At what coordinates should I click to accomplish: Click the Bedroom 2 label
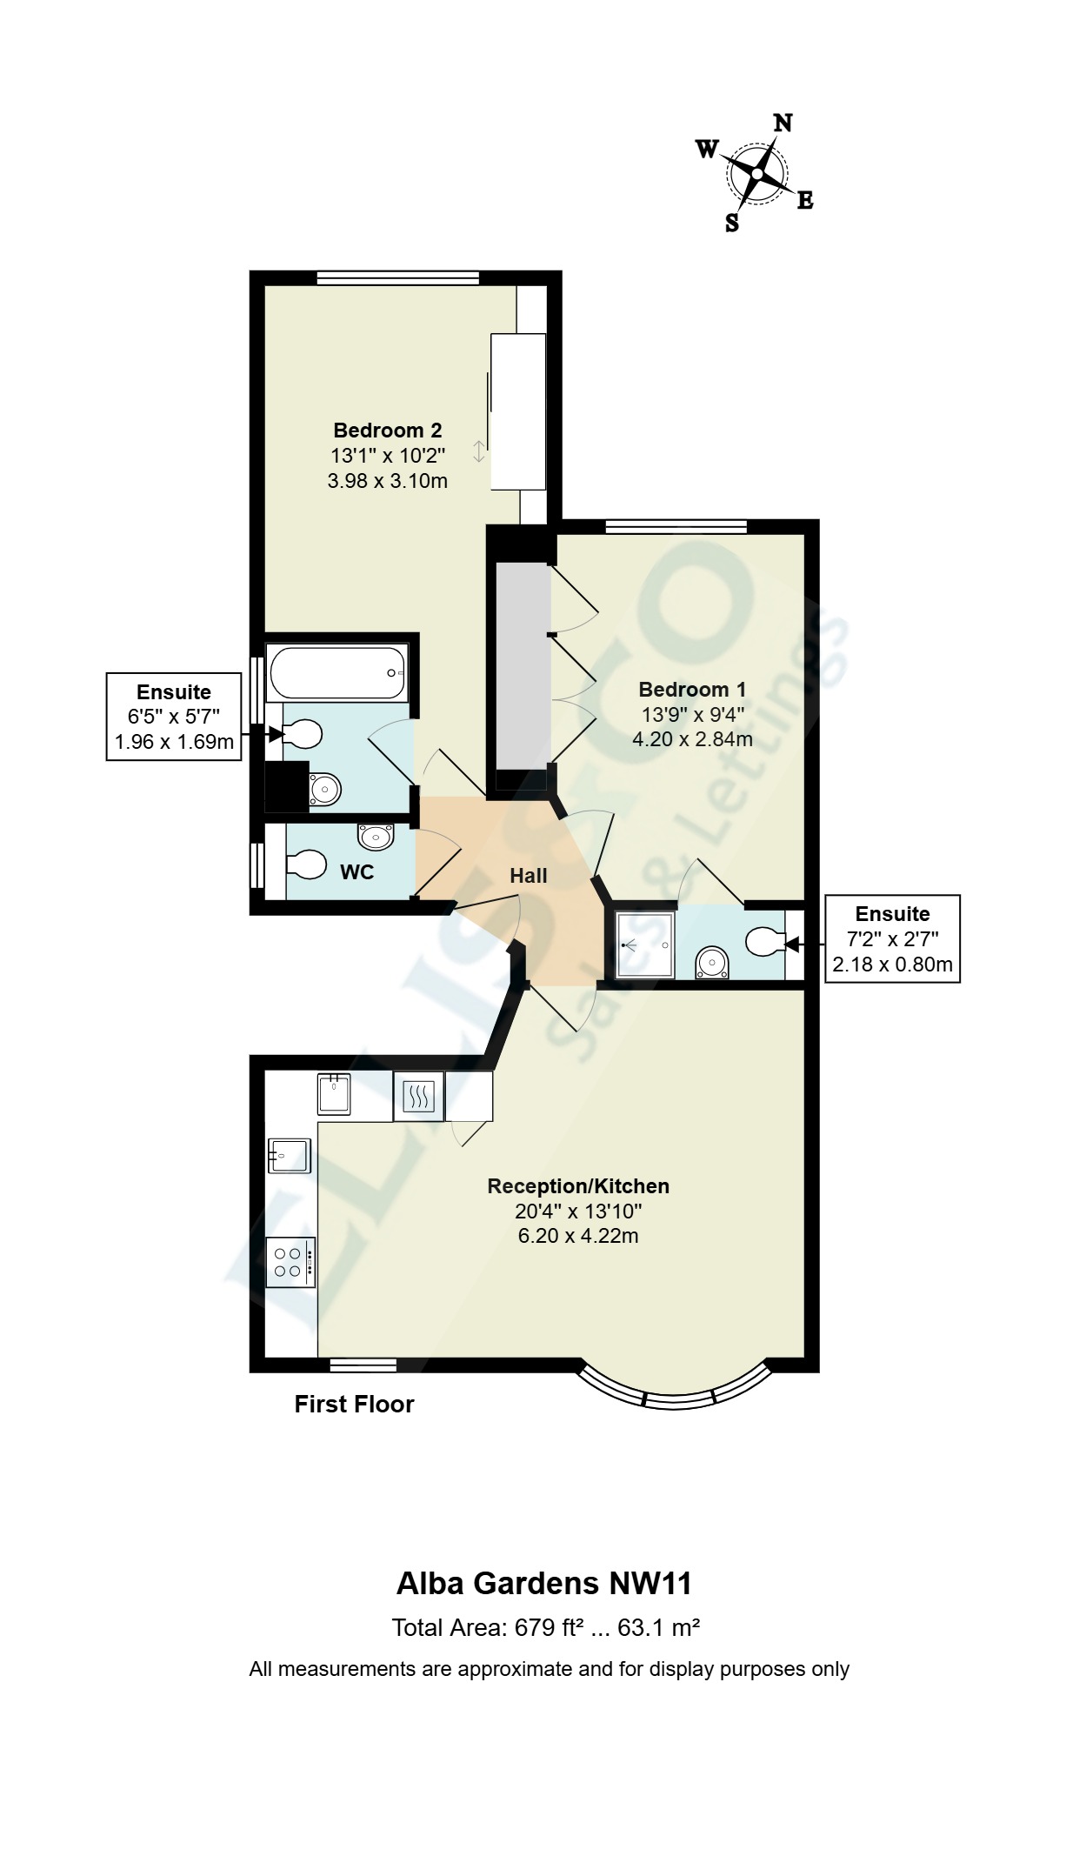click(387, 430)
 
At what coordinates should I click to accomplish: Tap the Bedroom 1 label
click(692, 690)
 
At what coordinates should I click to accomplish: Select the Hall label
click(528, 876)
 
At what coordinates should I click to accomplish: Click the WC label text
click(356, 872)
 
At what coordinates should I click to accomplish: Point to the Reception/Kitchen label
click(578, 1186)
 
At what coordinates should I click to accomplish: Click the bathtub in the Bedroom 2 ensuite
click(336, 672)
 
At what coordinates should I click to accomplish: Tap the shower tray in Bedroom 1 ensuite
click(644, 945)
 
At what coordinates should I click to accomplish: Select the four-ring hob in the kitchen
click(290, 1262)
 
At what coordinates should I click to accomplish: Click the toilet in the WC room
click(304, 866)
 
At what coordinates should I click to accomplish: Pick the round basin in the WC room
click(376, 838)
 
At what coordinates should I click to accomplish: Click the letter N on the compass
click(783, 123)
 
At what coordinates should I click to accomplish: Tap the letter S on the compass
click(732, 224)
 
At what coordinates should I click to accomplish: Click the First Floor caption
click(354, 1405)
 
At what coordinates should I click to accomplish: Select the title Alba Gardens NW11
click(544, 1584)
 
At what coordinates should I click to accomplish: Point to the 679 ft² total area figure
click(548, 1628)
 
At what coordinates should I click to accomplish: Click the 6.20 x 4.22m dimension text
click(578, 1236)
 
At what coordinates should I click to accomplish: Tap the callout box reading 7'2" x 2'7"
click(892, 938)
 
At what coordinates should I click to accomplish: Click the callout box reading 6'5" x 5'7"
click(174, 717)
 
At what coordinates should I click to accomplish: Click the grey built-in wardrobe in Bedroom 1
click(523, 665)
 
